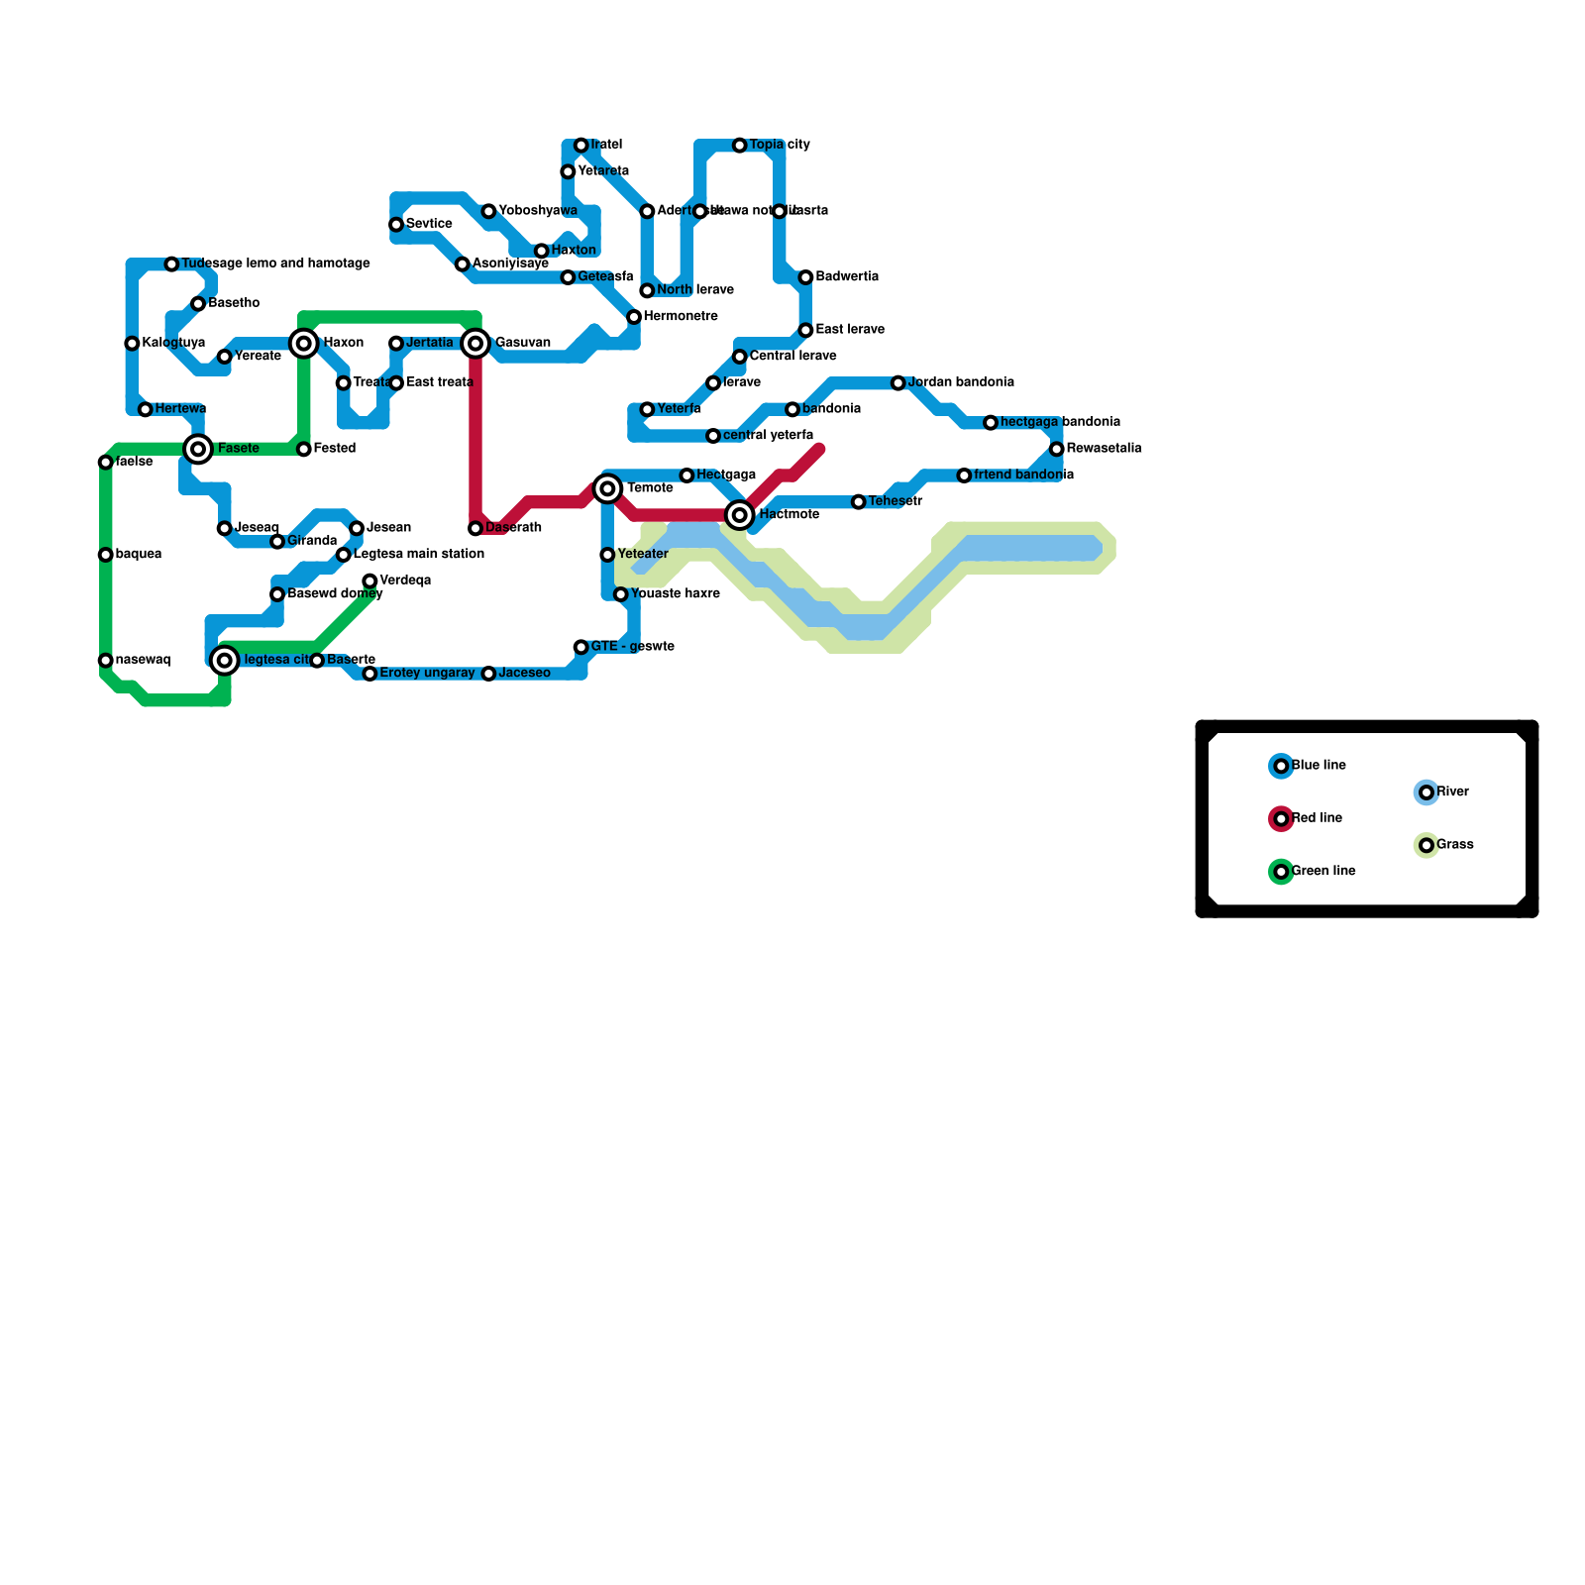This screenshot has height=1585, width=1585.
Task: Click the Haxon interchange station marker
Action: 304,344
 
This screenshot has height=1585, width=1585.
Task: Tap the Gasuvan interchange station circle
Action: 475,344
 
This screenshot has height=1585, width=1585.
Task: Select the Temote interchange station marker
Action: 607,488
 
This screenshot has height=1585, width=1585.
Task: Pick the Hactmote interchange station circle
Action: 740,515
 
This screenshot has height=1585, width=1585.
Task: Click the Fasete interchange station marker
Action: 199,450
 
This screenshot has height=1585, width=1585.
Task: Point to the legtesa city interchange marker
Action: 225,661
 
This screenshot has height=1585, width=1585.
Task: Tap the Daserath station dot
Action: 475,529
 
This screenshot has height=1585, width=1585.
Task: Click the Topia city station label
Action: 779,146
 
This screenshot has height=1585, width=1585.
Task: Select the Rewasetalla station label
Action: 1104,449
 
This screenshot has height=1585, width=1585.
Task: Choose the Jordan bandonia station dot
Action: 898,383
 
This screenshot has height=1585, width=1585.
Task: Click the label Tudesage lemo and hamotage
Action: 275,264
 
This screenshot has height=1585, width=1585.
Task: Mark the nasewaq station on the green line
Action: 106,661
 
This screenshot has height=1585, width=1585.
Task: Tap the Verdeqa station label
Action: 404,581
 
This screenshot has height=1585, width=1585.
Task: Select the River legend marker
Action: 1426,792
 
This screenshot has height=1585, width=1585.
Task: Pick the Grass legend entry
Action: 1454,845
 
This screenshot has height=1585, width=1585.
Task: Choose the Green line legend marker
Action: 1282,872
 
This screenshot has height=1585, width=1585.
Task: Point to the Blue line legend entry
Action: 1319,766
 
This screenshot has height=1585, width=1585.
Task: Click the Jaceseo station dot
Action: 488,674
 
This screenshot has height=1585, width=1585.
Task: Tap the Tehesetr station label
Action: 895,502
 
